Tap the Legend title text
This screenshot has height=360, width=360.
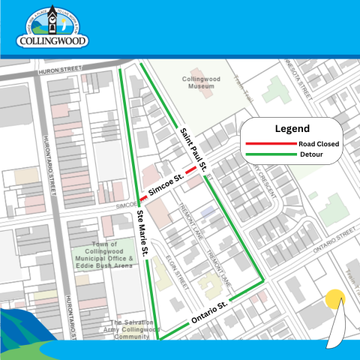click(x=292, y=128)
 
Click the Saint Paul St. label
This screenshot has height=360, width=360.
click(x=197, y=146)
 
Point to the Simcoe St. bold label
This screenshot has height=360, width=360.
click(x=166, y=184)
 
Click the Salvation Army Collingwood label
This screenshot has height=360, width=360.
click(x=128, y=328)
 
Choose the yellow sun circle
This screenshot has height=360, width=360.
click(x=334, y=299)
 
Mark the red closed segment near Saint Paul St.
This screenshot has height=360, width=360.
click(x=192, y=170)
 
